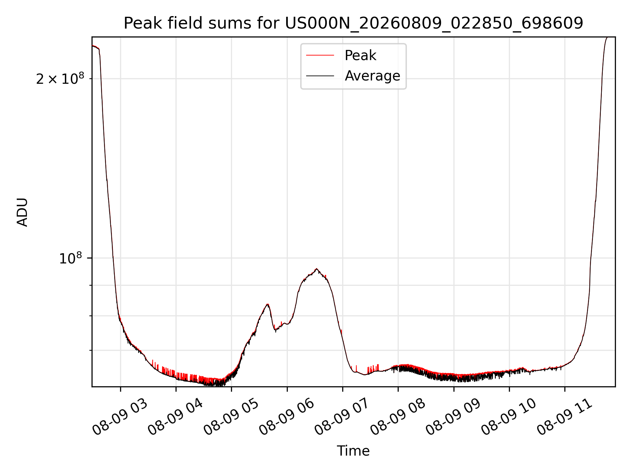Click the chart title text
pos(353,23)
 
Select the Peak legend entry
pos(341,56)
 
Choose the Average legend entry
pos(353,76)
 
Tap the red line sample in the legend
pos(320,56)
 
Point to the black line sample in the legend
pos(320,76)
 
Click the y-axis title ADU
pos(22,212)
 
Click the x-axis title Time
pos(353,451)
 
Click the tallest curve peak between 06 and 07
pos(316,269)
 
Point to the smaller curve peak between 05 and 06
pos(268,304)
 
